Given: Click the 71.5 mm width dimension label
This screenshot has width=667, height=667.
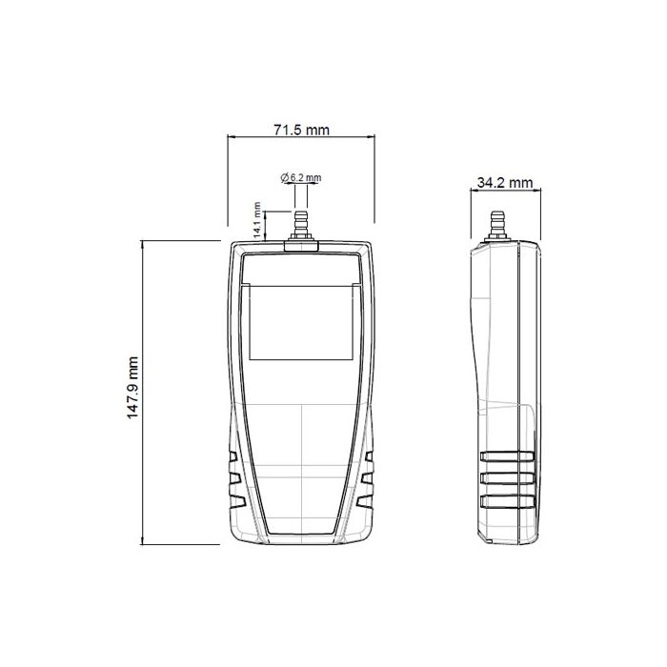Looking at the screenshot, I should click(x=301, y=130).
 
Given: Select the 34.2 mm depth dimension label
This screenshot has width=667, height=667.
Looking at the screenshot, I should click(x=505, y=182).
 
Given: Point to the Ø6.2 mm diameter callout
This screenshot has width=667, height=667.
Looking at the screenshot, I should click(x=301, y=178).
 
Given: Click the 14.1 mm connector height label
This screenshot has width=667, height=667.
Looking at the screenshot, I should click(x=256, y=219).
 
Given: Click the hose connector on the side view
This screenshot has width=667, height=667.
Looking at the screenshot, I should click(x=495, y=225).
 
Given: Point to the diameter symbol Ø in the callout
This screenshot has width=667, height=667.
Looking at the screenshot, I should click(x=284, y=178).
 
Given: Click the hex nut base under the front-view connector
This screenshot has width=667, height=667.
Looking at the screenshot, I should click(x=301, y=245).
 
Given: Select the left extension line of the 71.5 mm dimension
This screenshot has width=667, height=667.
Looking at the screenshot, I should click(x=227, y=186).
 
